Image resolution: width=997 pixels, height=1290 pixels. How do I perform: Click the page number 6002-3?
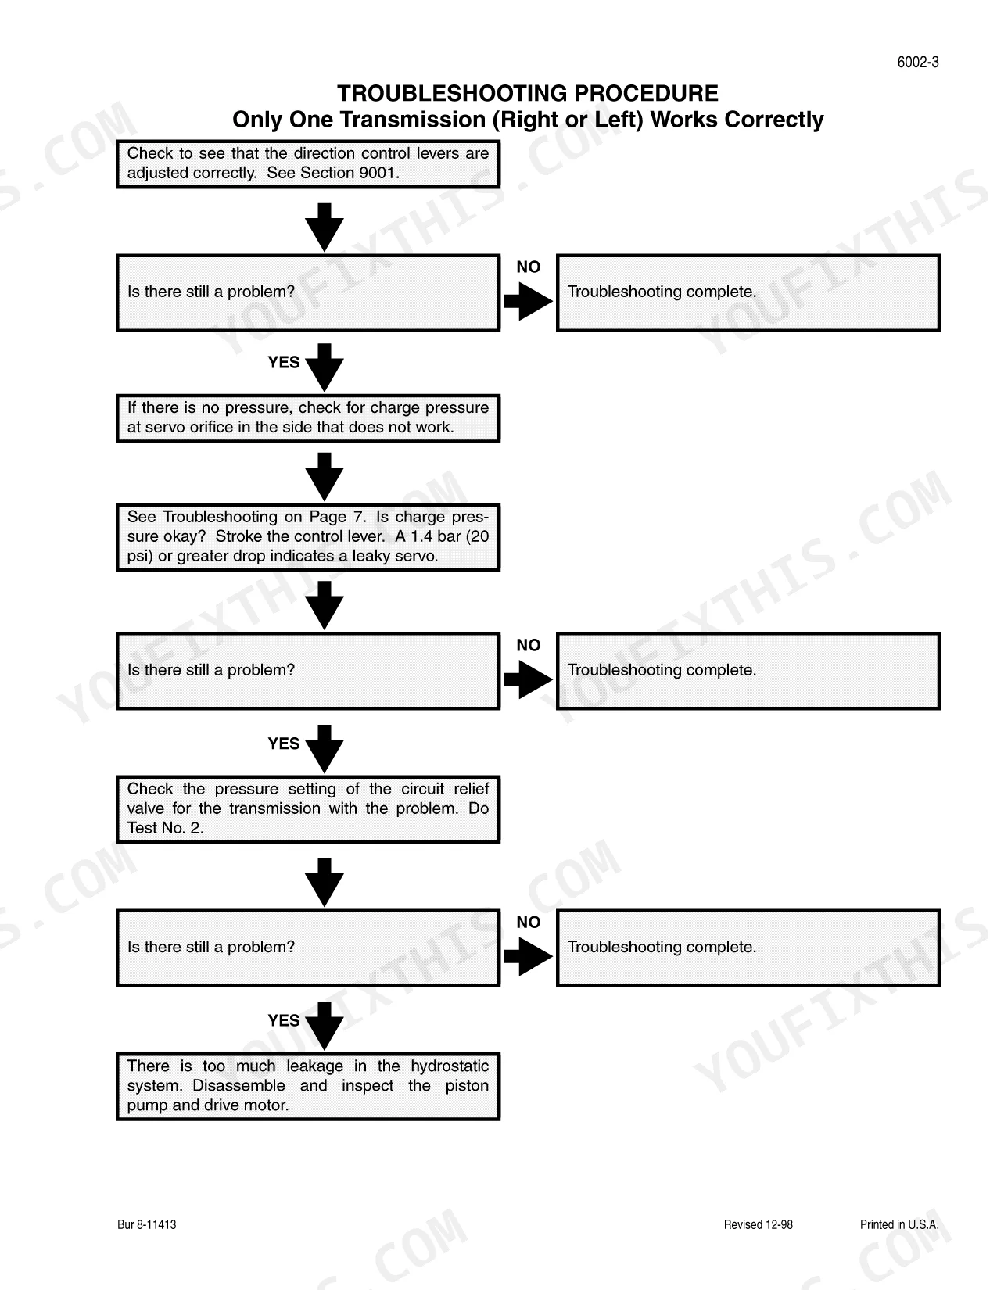[x=917, y=63]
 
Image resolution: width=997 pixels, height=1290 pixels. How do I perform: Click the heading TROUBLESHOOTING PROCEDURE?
[x=527, y=93]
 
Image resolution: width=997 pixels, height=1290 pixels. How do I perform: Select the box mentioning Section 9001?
[x=307, y=164]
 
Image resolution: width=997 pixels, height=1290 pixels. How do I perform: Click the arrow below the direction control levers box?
[x=325, y=227]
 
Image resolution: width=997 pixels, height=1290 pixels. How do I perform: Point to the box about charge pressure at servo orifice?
[x=307, y=418]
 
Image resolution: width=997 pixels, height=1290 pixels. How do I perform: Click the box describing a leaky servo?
[x=307, y=536]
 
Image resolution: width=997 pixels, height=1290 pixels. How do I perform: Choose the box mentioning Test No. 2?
[x=307, y=808]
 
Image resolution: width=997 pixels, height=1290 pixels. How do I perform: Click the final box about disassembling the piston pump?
[x=307, y=1086]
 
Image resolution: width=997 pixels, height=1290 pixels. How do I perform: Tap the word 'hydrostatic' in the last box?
[x=450, y=1066]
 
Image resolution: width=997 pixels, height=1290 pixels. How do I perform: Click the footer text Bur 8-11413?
[x=147, y=1224]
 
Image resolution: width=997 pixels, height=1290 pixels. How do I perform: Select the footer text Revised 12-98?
[x=758, y=1224]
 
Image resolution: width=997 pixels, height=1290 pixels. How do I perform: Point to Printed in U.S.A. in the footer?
[x=899, y=1224]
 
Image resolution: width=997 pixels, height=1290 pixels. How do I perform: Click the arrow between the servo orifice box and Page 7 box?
[x=325, y=477]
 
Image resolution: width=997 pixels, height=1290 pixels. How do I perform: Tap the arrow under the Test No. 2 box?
[x=325, y=882]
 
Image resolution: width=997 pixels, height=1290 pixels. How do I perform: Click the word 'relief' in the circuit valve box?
[x=472, y=788]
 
